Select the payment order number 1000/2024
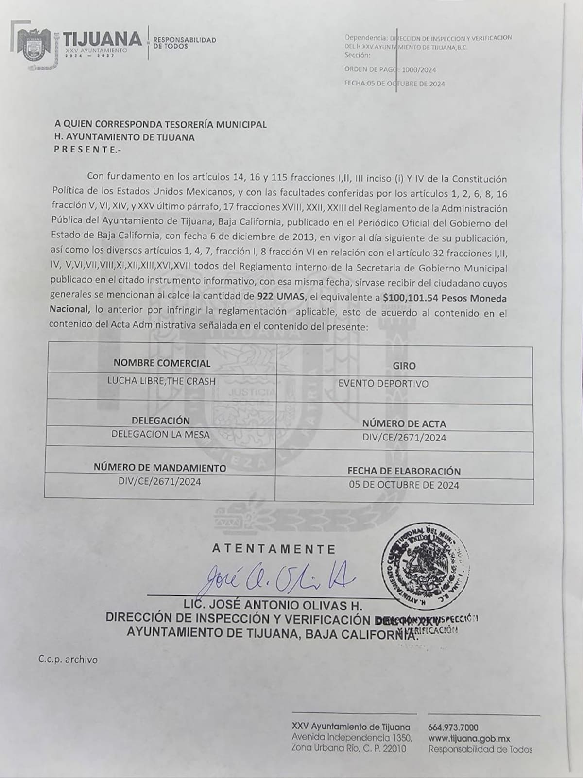tap(418, 70)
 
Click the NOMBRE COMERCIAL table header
tap(162, 363)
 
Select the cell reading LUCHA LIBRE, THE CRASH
tap(161, 381)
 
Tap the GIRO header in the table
tap(404, 366)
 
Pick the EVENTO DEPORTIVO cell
tap(383, 384)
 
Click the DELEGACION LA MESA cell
tap(161, 434)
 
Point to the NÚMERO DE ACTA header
tap(404, 424)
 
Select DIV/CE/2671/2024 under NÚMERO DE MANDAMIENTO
tap(159, 482)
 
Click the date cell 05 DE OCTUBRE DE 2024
tap(404, 485)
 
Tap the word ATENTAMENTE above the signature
tap(274, 549)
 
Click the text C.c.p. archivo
tap(68, 660)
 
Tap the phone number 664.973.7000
tap(453, 727)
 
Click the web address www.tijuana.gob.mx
tap(469, 738)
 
